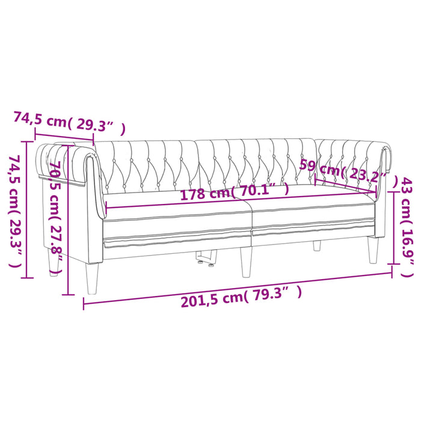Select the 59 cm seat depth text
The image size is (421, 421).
[319, 169]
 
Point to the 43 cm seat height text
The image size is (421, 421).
[407, 198]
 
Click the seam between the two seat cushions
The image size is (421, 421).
[251, 217]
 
